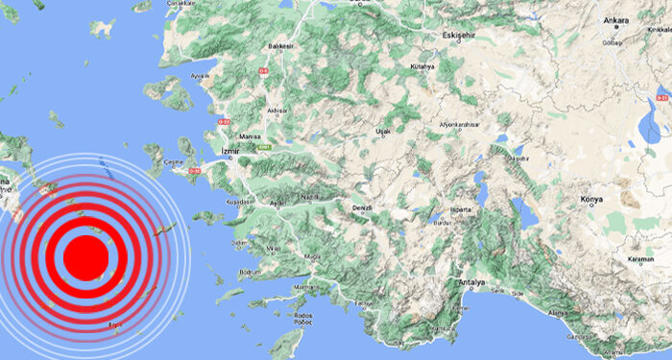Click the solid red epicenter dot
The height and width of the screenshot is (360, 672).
tap(85, 258)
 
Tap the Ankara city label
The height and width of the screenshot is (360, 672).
tap(615, 20)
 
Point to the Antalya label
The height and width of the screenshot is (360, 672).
tap(471, 282)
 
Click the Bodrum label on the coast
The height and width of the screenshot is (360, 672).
tap(252, 274)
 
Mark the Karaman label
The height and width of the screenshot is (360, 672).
tap(640, 260)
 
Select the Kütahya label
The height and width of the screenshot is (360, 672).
tap(422, 66)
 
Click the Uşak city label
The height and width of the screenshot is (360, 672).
tap(383, 129)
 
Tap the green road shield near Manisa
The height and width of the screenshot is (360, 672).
tap(266, 147)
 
